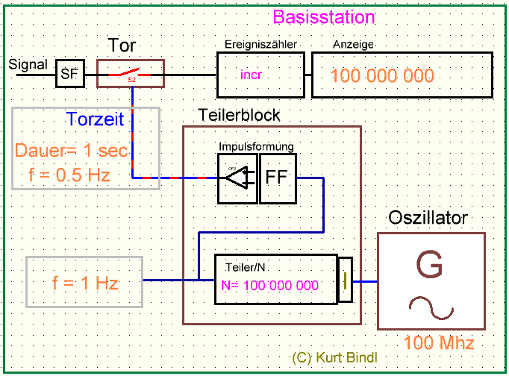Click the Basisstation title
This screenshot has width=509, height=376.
[324, 16]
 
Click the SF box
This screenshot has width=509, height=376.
[69, 74]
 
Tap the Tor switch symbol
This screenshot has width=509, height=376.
[131, 74]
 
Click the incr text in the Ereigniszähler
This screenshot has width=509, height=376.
[252, 75]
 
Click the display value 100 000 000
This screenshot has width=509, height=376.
[381, 76]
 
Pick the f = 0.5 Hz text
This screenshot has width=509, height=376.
[69, 178]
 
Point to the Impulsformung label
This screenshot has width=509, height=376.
[256, 145]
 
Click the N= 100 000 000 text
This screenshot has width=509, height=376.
[270, 285]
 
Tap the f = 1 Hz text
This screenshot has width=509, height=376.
[85, 283]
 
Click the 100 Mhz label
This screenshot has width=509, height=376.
[439, 344]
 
